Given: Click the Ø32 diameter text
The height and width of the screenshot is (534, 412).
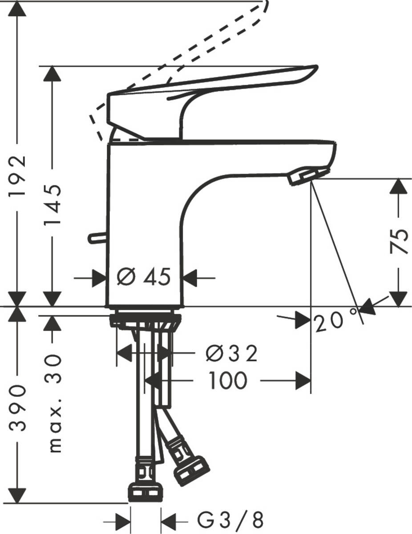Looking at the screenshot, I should point(232,354).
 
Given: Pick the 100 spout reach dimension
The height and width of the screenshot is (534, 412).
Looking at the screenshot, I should point(227,381).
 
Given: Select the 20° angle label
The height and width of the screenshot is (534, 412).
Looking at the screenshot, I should point(336,321).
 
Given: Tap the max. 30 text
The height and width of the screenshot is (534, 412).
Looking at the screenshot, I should point(54,403).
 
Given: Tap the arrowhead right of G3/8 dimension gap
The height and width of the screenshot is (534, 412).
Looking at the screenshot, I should point(168,519).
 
